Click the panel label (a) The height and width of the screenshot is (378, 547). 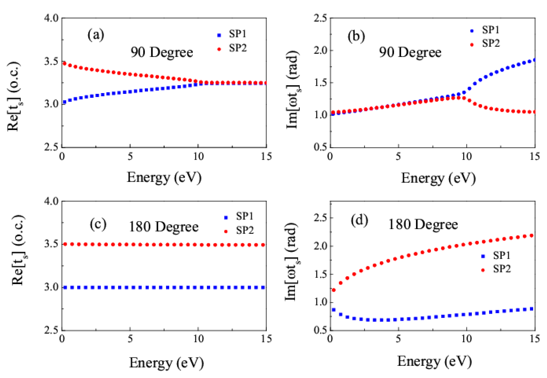96,35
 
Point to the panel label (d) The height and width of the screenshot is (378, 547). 359,220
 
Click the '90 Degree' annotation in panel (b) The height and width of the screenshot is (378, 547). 410,52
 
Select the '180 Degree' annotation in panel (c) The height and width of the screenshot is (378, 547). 164,227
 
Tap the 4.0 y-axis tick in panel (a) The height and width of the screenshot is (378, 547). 51,18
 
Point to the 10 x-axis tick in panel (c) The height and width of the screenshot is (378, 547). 198,339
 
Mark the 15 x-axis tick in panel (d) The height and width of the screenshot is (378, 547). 535,339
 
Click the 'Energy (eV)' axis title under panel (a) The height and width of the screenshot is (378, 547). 164,178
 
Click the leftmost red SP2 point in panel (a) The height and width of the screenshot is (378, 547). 64,63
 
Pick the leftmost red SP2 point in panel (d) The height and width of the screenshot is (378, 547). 334,290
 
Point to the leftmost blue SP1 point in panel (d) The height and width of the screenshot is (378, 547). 334,310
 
